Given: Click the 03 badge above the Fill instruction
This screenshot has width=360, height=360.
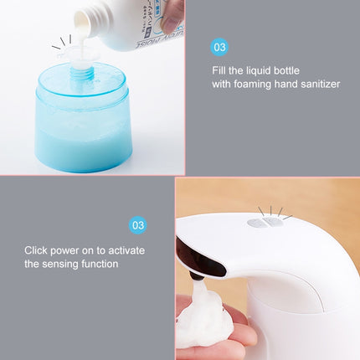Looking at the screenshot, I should pyautogui.click(x=219, y=48).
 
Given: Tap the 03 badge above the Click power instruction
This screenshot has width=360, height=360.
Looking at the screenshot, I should pyautogui.click(x=138, y=225).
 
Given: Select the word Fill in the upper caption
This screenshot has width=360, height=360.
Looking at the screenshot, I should pyautogui.click(x=220, y=69).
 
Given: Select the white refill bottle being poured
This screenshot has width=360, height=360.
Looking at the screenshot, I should pyautogui.click(x=126, y=21).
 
